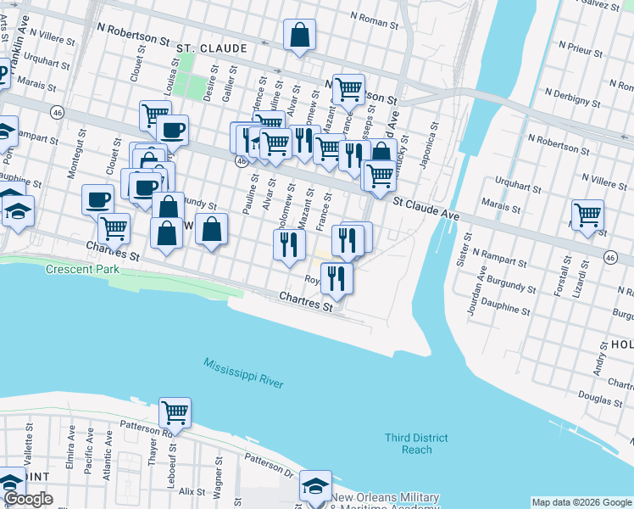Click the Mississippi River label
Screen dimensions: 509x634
point(243,373)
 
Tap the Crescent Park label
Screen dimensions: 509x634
point(83,270)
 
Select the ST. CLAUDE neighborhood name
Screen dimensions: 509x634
point(212,48)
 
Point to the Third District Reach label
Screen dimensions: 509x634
point(416,444)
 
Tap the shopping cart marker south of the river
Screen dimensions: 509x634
point(175,413)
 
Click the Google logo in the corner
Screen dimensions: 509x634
point(28,499)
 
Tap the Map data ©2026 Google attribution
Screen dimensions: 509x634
point(581,502)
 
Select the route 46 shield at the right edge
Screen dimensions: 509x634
point(610,256)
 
